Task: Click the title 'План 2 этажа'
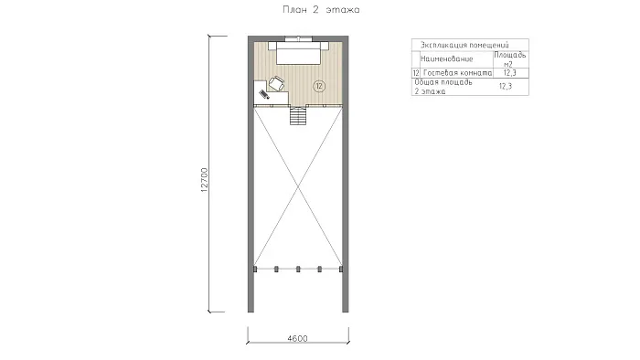321,9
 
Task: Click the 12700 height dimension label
205,180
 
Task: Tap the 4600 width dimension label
297,338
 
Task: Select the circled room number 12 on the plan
319,86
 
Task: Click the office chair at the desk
276,84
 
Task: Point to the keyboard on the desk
264,95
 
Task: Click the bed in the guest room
298,52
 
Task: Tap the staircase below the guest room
298,115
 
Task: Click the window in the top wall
298,38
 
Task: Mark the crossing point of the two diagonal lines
298,186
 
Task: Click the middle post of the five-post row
298,269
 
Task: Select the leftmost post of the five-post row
255,269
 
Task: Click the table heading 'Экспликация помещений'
464,45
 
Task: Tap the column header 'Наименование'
446,58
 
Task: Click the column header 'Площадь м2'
510,59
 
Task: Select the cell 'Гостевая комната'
457,73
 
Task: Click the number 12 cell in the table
416,73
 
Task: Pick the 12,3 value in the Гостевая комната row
510,73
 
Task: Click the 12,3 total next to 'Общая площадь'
506,86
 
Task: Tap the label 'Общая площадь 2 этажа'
443,87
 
